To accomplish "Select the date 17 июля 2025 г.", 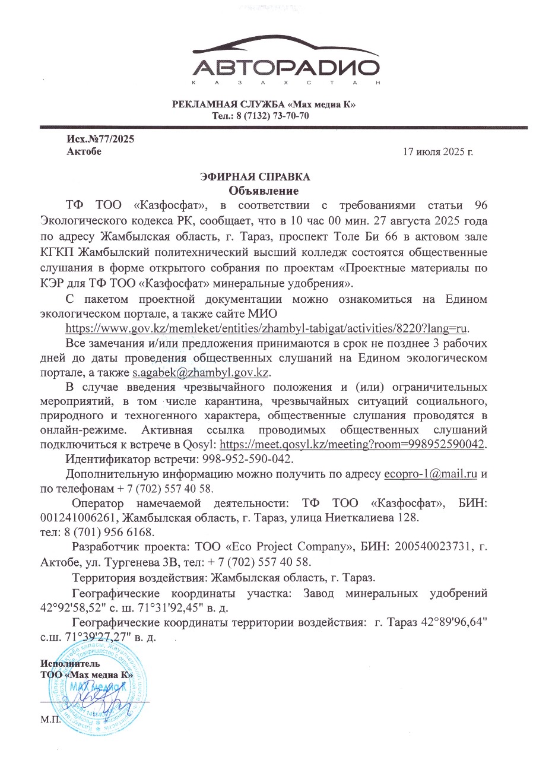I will click(437, 152).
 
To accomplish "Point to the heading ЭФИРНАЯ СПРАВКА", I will click(255, 177).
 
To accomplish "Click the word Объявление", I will click(264, 191).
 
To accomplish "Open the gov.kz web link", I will click(267, 328).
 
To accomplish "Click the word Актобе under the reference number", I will click(84, 151).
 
